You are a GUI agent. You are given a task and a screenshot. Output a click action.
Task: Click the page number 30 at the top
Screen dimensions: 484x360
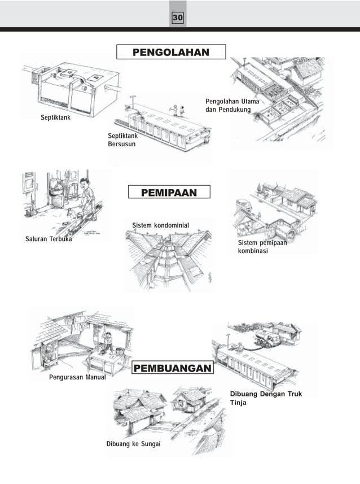pos(178,19)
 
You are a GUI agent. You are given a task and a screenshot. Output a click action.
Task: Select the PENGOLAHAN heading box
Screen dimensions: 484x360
pos(170,53)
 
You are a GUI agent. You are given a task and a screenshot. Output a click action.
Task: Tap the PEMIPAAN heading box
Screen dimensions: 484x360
pos(169,193)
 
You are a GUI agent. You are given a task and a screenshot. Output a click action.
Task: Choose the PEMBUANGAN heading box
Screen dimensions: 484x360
pos(173,369)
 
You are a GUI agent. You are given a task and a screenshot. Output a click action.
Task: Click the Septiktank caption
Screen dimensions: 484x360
pos(55,117)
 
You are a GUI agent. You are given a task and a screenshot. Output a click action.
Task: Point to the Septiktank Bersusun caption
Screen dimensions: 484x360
pos(121,139)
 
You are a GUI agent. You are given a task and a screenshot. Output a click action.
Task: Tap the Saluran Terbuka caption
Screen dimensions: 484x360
pos(49,239)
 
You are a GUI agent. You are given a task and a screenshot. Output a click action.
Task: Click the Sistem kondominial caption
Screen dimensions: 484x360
pos(160,226)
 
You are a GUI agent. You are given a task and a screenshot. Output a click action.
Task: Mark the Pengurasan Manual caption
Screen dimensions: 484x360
pos(77,377)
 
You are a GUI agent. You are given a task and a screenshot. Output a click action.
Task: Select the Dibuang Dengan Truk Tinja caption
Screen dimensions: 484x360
pos(266,398)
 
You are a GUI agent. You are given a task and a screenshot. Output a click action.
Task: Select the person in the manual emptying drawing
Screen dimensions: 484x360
pos(107,342)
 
